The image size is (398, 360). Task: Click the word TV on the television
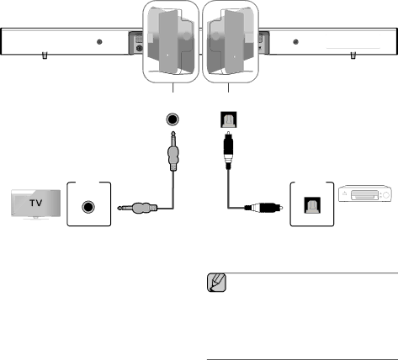click(x=36, y=203)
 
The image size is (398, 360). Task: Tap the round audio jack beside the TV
click(x=88, y=207)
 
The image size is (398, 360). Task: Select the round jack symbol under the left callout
click(x=172, y=119)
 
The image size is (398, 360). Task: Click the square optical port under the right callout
click(x=229, y=119)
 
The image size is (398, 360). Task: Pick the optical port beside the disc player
click(x=312, y=205)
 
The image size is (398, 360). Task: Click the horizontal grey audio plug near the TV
click(x=137, y=208)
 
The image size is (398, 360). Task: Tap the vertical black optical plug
click(x=228, y=150)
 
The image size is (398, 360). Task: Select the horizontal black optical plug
click(x=263, y=208)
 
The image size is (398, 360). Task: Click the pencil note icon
click(x=217, y=283)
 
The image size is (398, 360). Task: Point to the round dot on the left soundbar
click(x=99, y=42)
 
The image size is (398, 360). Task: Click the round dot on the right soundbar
click(x=295, y=42)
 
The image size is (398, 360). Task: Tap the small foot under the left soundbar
click(x=45, y=56)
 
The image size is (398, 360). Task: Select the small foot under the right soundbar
click(x=353, y=56)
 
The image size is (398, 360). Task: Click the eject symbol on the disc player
click(x=344, y=193)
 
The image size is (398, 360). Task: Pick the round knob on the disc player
click(x=386, y=195)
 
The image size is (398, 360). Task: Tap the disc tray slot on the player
click(x=364, y=195)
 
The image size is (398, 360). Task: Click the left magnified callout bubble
click(x=171, y=41)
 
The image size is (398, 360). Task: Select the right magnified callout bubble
click(x=231, y=41)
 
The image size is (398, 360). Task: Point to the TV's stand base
click(x=35, y=218)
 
